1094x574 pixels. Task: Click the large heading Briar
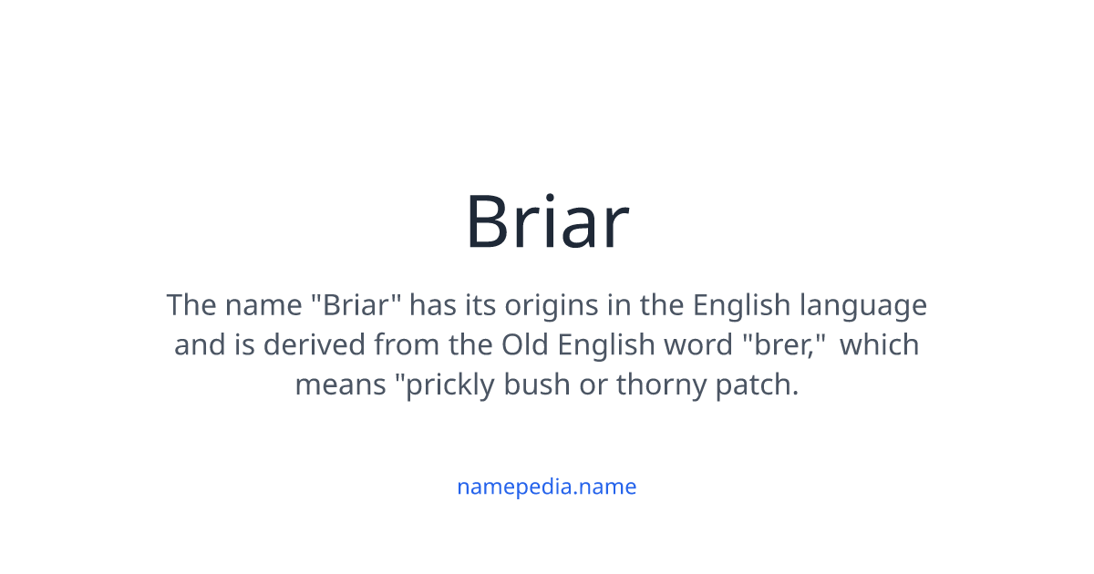547,221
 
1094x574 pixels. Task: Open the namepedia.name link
546,487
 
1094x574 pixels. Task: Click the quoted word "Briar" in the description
356,305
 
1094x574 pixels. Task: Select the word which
879,345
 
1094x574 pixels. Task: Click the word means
339,385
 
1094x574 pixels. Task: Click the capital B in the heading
491,221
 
